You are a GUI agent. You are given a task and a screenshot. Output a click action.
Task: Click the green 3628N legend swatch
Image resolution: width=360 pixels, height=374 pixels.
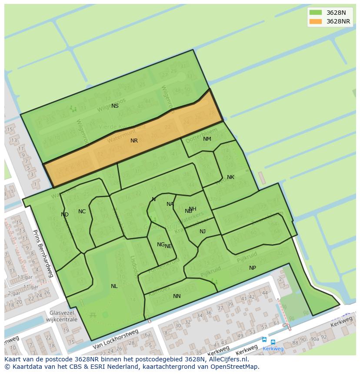click(x=316, y=13)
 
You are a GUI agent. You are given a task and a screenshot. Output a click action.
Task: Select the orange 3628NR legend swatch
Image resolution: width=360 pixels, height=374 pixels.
click(x=316, y=21)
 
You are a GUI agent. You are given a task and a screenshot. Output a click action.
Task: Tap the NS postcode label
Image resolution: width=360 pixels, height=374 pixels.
click(x=115, y=106)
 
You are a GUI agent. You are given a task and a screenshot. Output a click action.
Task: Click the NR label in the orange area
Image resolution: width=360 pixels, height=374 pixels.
click(x=134, y=141)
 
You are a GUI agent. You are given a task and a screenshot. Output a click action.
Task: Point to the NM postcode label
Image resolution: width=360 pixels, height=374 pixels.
click(x=207, y=139)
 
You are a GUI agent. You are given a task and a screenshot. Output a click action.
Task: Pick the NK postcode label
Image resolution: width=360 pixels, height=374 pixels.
click(x=230, y=177)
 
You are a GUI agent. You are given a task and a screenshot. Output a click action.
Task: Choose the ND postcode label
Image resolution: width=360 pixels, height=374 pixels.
click(x=65, y=215)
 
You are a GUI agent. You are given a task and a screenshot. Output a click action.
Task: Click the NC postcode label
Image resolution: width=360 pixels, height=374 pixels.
click(x=82, y=212)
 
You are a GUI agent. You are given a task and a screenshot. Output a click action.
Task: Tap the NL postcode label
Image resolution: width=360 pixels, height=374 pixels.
click(x=114, y=286)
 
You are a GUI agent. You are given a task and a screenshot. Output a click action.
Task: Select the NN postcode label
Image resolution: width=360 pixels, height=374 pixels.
click(x=177, y=296)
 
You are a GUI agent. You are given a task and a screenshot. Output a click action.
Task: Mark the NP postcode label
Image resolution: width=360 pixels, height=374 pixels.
click(x=252, y=268)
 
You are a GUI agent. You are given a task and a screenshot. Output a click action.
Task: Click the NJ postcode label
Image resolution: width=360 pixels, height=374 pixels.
click(x=203, y=232)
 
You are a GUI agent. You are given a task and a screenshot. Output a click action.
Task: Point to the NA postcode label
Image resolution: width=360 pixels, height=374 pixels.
click(x=170, y=204)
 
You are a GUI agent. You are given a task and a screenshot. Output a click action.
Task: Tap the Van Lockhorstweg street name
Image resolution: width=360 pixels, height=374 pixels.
click(x=115, y=339)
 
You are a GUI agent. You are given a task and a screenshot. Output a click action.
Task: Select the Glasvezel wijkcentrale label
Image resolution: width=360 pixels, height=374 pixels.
click(x=63, y=316)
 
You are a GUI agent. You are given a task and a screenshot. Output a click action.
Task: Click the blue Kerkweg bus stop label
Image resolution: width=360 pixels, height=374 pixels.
click(x=273, y=348)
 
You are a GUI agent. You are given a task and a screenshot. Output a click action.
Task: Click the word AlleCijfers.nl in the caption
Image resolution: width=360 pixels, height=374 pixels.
click(x=226, y=359)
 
